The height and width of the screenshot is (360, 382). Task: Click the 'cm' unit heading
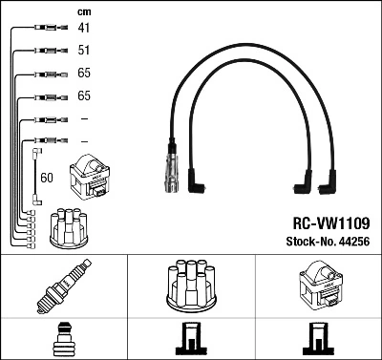(82, 11)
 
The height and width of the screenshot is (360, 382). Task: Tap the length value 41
(83, 29)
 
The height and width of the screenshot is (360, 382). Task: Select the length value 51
(83, 51)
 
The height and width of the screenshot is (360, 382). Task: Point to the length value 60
(47, 177)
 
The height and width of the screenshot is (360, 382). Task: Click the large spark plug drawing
(63, 286)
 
